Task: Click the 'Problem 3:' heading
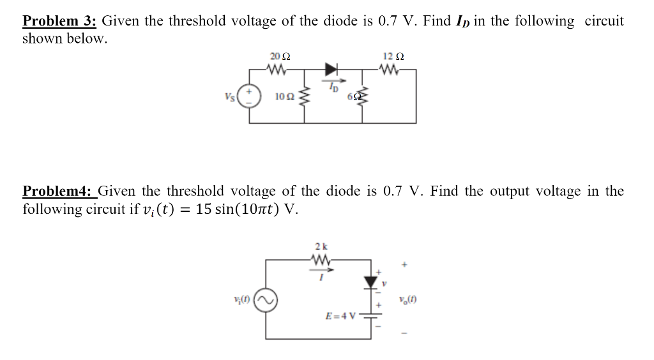point(59,21)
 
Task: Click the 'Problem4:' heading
point(59,191)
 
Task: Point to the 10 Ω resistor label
point(284,96)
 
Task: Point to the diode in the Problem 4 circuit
point(371,281)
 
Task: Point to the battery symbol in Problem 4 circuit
point(371,319)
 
